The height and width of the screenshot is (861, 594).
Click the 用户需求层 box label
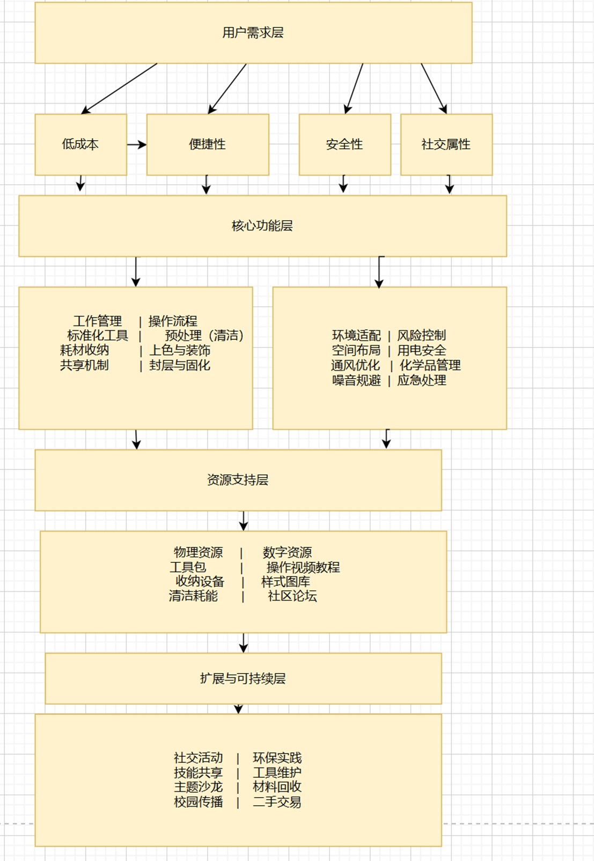pyautogui.click(x=253, y=33)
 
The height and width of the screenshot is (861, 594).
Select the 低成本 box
pyautogui.click(x=80, y=144)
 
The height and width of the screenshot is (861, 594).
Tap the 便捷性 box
pyautogui.click(x=207, y=144)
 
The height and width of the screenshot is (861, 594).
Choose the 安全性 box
pyautogui.click(x=344, y=144)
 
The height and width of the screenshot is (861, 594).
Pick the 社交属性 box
pyautogui.click(x=446, y=144)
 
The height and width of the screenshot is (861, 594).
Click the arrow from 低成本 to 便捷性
pyautogui.click(x=136, y=144)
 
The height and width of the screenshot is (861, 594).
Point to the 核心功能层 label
pyautogui.click(x=262, y=226)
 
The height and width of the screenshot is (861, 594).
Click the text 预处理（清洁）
pyautogui.click(x=204, y=336)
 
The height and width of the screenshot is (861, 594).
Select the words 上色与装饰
pyautogui.click(x=180, y=351)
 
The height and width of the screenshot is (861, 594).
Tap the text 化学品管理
pyautogui.click(x=430, y=366)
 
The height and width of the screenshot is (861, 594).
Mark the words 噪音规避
pyautogui.click(x=356, y=381)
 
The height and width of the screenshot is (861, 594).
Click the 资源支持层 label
pyautogui.click(x=238, y=480)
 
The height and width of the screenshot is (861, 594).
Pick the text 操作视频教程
pyautogui.click(x=303, y=567)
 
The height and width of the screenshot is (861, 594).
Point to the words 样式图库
pyautogui.click(x=285, y=582)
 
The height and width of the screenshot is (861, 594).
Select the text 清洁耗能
pyautogui.click(x=193, y=596)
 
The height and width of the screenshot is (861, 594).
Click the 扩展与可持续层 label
pyautogui.click(x=243, y=678)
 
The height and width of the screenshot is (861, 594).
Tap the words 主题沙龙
pyautogui.click(x=198, y=787)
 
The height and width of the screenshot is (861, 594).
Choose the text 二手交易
pyautogui.click(x=277, y=802)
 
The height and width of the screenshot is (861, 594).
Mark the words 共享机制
pyautogui.click(x=84, y=366)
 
